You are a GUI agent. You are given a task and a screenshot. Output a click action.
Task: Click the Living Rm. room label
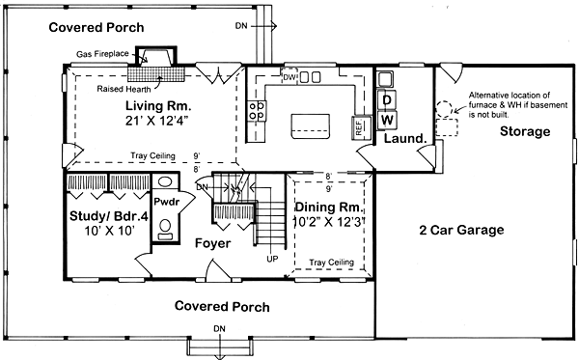coord(158,106)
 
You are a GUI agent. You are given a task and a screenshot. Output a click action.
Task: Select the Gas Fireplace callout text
coord(102,54)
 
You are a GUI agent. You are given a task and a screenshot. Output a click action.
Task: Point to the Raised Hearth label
coord(124,89)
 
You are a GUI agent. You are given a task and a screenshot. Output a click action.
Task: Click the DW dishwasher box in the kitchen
coord(289,77)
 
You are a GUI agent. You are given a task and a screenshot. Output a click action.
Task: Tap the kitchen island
coord(311,126)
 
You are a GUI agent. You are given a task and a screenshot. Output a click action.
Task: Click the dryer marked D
coord(387,99)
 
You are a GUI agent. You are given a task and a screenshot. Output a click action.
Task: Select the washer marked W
coord(387,120)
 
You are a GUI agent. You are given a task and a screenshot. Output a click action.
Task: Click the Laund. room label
coord(405,139)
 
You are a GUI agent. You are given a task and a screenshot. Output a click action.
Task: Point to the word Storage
coord(525,131)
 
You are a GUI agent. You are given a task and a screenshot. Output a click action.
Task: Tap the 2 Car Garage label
coord(461,230)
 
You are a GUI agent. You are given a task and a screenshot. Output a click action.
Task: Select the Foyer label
coord(212,243)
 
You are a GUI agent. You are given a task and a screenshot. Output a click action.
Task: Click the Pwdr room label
coord(167,202)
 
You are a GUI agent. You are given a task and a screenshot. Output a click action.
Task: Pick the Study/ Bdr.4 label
coord(109,216)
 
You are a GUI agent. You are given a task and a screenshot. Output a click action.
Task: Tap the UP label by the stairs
coord(272,260)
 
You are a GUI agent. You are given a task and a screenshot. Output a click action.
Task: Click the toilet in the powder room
coord(165,229)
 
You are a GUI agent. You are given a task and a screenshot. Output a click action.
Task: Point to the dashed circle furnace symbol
coord(444,108)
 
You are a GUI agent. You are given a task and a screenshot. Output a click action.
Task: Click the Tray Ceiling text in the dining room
coord(331,263)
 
